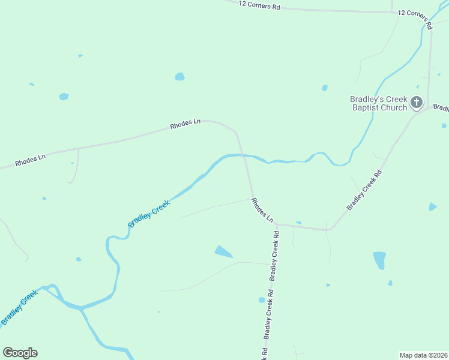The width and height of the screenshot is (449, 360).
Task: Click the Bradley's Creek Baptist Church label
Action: click(x=379, y=103)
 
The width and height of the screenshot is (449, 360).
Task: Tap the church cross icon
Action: click(x=417, y=103)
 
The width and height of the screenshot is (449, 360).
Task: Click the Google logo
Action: click(x=20, y=353)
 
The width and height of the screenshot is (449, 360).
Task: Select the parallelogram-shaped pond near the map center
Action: click(x=223, y=252)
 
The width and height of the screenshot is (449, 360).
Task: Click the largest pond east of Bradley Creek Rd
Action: click(x=379, y=260)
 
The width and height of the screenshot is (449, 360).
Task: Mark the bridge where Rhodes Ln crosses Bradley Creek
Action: click(x=243, y=155)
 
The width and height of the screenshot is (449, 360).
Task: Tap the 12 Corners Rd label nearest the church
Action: click(x=415, y=16)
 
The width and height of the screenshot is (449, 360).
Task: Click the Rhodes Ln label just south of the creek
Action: click(x=262, y=210)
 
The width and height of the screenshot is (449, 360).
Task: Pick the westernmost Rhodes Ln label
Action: click(x=30, y=160)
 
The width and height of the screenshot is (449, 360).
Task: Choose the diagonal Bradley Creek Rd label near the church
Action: click(x=364, y=190)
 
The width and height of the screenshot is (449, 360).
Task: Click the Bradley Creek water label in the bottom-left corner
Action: click(x=20, y=307)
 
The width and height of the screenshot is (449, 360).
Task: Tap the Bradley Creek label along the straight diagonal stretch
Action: click(x=149, y=213)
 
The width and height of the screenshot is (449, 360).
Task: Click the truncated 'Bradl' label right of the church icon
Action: click(x=441, y=109)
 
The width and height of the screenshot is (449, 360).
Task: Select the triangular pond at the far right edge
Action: click(x=432, y=207)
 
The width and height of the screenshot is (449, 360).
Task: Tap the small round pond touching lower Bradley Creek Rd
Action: click(x=262, y=299)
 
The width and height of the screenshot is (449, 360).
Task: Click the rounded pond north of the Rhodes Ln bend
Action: click(x=179, y=77)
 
